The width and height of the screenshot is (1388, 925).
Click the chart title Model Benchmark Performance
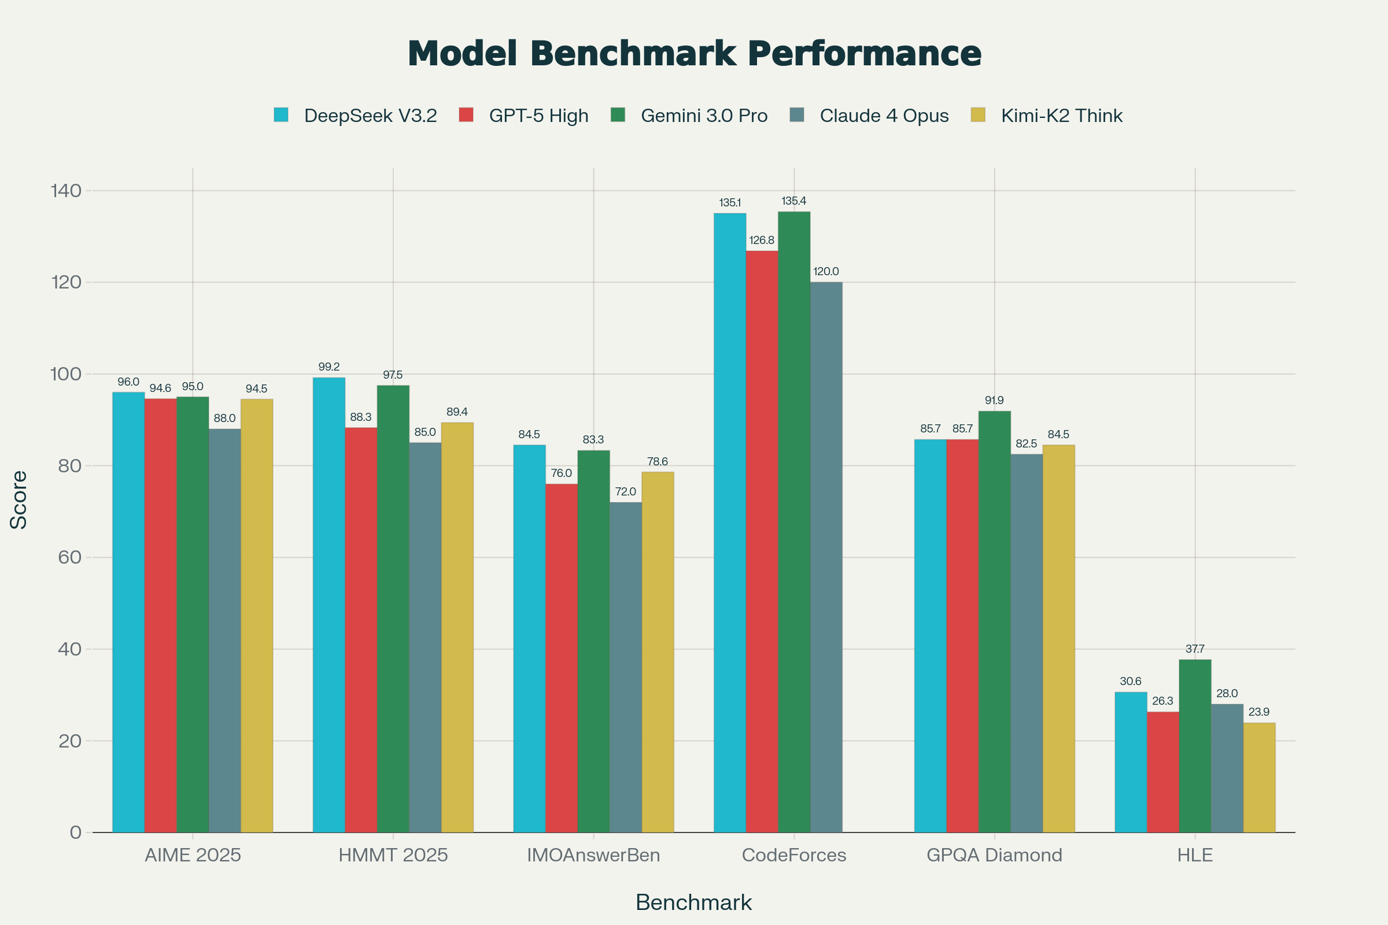coord(694,54)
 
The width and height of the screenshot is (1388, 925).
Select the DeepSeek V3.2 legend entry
coord(370,116)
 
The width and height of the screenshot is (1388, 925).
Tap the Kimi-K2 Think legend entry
coord(1061,116)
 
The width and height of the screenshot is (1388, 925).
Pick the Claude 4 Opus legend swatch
coord(797,114)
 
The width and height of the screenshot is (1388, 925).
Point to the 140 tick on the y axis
coord(65,191)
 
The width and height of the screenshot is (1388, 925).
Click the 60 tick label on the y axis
coord(69,557)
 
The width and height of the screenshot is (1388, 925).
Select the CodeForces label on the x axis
coord(793,855)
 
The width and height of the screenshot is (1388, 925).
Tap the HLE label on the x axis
coord(1194,855)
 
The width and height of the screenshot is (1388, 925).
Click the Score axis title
coord(19,499)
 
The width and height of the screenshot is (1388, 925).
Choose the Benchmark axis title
coord(693,902)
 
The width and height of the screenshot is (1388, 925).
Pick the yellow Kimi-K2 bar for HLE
coord(1259,778)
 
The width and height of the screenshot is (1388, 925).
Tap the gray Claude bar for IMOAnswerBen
coord(626,667)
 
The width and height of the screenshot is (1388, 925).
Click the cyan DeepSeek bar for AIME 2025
coord(128,612)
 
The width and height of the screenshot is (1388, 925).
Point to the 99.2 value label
coord(328,367)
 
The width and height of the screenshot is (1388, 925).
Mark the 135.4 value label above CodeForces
coord(793,201)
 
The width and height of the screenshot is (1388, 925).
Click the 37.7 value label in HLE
coord(1194,649)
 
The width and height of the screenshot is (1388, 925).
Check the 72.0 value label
coord(626,492)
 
